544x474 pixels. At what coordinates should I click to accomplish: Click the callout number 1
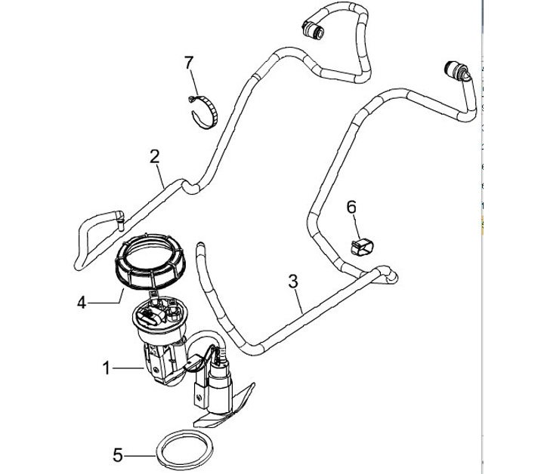(107, 368)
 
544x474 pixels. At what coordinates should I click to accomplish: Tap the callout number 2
(155, 156)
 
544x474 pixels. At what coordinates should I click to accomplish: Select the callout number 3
(293, 282)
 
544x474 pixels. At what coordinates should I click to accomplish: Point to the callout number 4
(82, 303)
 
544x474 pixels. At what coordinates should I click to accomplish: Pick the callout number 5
(118, 455)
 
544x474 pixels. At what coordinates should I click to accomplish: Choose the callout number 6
(351, 208)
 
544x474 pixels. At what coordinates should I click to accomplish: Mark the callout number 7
(188, 63)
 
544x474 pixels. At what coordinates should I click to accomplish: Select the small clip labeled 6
(363, 247)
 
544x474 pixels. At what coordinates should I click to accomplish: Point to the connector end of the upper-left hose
(313, 29)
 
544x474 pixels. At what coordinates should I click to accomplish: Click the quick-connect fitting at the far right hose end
(455, 70)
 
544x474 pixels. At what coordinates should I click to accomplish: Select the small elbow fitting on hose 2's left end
(119, 219)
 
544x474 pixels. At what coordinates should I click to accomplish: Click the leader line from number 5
(140, 456)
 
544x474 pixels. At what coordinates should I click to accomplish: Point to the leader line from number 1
(128, 368)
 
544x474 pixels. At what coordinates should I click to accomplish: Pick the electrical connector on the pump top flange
(150, 316)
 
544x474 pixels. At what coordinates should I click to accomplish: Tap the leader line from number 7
(194, 82)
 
